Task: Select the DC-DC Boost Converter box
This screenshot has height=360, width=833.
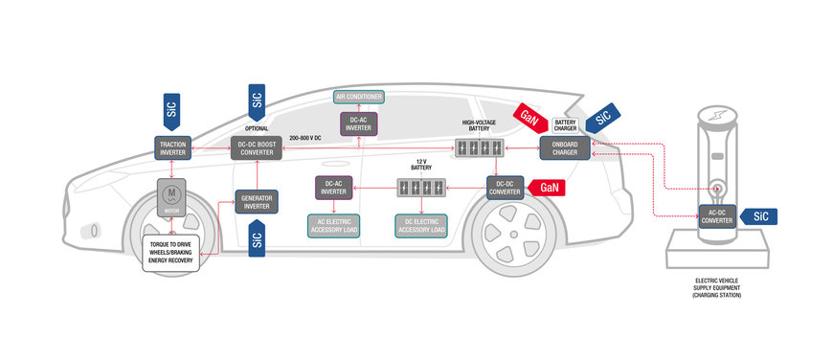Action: (256, 148)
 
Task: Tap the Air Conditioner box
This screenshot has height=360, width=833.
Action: (358, 97)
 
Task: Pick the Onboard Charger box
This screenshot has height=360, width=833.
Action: (565, 148)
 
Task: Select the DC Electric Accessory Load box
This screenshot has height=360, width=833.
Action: (421, 225)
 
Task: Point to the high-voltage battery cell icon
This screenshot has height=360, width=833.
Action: (478, 148)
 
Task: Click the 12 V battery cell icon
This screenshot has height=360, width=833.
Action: (421, 186)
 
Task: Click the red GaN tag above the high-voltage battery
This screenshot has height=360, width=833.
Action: (529, 115)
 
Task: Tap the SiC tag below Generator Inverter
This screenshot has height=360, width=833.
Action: (256, 239)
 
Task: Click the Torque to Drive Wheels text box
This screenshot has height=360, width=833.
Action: (176, 248)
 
